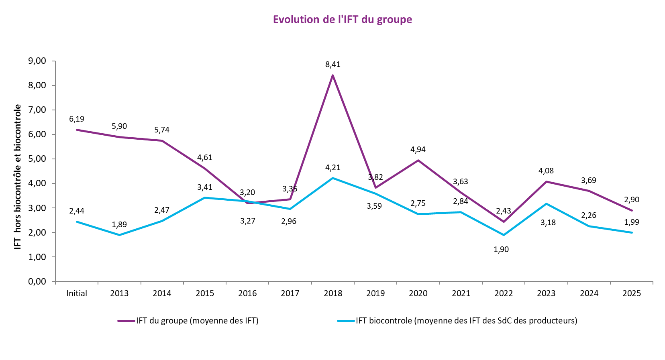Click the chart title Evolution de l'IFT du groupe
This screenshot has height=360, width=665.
342,20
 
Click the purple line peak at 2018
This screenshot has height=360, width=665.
332,75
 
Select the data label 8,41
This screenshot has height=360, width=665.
332,65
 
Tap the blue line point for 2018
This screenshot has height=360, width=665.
332,178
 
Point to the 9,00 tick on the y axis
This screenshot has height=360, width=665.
37,61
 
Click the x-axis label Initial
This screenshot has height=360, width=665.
76,293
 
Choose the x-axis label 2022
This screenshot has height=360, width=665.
504,293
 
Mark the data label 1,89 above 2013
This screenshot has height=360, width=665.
119,225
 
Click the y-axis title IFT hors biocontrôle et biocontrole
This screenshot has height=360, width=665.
18,177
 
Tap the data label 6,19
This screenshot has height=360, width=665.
76,119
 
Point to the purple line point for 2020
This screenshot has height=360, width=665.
418,161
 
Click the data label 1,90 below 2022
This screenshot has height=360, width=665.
501,250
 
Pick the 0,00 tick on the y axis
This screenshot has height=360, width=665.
37,281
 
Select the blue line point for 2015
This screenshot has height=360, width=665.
205,197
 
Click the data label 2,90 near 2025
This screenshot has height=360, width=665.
632,200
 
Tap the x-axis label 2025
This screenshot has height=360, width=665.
632,293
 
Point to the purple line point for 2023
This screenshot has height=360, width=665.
546,182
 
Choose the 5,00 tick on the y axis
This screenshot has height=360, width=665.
37,159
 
